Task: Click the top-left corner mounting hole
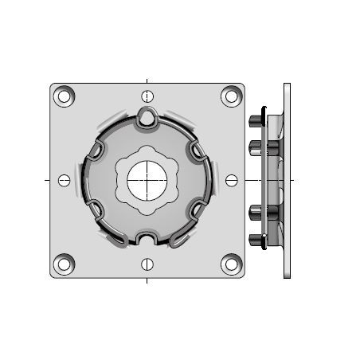click(x=64, y=96)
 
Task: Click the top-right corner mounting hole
click(x=231, y=96)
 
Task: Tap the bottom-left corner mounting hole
click(x=64, y=264)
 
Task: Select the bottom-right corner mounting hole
click(x=231, y=264)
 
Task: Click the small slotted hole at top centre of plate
click(x=147, y=97)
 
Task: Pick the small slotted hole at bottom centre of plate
click(x=147, y=264)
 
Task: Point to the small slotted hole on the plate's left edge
click(x=65, y=180)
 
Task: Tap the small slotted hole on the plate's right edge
click(x=231, y=180)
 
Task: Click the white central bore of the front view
click(x=147, y=180)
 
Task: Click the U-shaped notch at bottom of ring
click(x=147, y=238)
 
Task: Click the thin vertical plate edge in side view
click(x=287, y=180)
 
